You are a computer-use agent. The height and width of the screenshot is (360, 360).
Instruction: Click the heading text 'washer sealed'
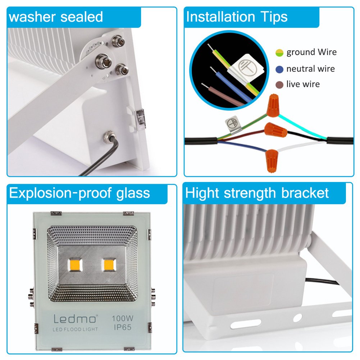point(56,17)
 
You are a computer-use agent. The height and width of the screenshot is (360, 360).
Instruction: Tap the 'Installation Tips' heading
point(237,17)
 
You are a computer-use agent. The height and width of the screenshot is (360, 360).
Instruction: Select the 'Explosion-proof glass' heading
point(79,193)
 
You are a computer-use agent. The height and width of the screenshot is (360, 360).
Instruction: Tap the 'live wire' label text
point(303,85)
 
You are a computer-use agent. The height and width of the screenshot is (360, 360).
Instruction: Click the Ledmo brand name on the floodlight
point(75,319)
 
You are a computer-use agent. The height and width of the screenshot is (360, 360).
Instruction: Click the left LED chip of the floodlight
point(75,265)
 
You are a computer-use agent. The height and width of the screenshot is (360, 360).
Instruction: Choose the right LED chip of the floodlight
point(109,265)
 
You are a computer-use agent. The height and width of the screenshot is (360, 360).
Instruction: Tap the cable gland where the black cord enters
point(108,137)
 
